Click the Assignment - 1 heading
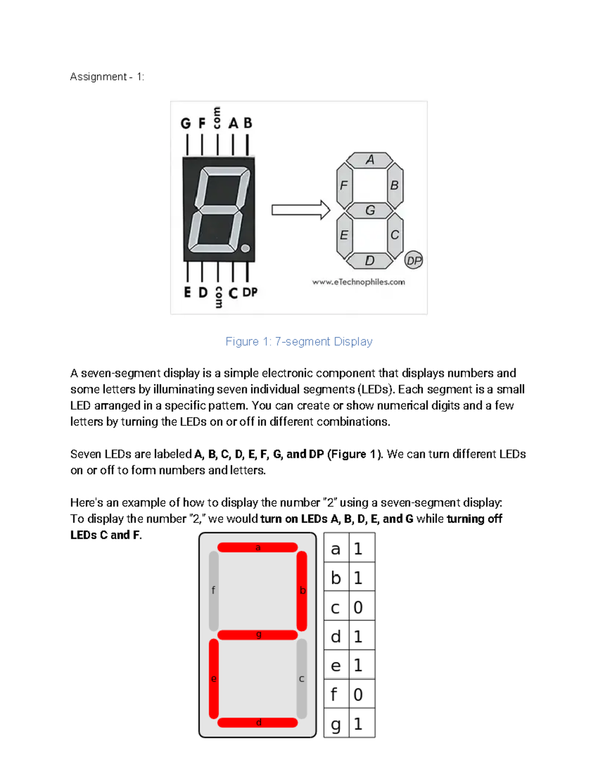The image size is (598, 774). tap(107, 77)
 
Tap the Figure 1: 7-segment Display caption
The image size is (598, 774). tap(299, 341)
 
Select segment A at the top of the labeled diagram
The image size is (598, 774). tap(370, 160)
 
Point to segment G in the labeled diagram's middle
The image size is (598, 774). tap(370, 210)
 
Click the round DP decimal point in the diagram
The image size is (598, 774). tap(414, 260)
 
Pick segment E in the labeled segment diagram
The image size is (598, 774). tap(344, 235)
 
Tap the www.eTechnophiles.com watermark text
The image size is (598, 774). tap(358, 282)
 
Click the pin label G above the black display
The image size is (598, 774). tap(185, 123)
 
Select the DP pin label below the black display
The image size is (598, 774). tap(250, 293)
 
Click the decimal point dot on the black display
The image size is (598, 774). tap(245, 248)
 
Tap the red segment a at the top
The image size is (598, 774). tap(258, 547)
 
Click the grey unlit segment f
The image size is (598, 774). tap(213, 591)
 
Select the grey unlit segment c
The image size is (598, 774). tap(301, 678)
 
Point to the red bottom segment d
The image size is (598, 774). tap(258, 723)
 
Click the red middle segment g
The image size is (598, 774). tap(258, 634)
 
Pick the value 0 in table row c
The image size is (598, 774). tap(358, 607)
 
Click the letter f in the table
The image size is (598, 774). tap(334, 694)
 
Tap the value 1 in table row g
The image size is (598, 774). tap(358, 724)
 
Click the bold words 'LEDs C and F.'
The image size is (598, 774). tap(106, 535)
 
